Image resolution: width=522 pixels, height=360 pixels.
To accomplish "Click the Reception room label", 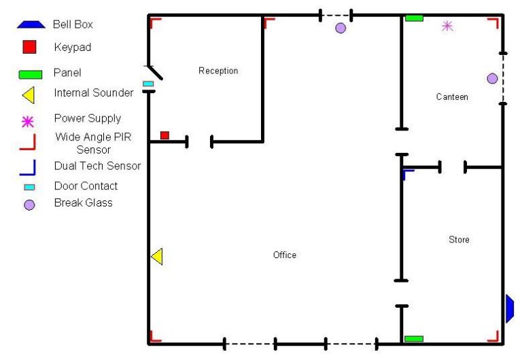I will pos(218,71).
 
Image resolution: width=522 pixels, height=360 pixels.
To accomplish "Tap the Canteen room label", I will pos(452,97).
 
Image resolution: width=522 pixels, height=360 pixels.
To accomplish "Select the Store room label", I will pos(459,240).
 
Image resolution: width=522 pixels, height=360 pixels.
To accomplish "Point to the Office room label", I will pos(285,255).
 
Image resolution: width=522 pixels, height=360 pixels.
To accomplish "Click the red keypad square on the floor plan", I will pos(164,135).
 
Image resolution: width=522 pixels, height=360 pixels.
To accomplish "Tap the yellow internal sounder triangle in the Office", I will pos(157,257).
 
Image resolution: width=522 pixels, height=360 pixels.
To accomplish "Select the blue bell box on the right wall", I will pos(510,308).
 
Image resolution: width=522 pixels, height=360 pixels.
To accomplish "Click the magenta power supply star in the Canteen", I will pos(447,26).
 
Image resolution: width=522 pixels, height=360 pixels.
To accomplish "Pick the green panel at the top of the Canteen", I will pos(414,18).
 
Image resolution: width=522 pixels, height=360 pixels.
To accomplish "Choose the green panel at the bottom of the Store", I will pos(413,338).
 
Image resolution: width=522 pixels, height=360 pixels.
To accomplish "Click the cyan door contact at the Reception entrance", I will pos(147,84).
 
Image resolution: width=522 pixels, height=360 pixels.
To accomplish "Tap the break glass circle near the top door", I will pos(341,28).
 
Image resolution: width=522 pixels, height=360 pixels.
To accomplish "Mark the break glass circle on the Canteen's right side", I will pos(492,79).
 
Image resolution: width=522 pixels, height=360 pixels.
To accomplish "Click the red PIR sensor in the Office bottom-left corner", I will pos(156,336).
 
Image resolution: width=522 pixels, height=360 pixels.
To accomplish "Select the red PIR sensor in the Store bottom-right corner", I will pos(493,336).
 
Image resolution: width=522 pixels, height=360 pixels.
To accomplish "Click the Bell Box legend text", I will pos(73,24).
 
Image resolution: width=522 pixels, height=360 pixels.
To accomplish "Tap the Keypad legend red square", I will pos(29,48).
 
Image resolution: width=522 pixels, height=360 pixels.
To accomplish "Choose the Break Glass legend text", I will pos(84,203).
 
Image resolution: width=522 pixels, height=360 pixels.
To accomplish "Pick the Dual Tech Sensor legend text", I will pos(97,166).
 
